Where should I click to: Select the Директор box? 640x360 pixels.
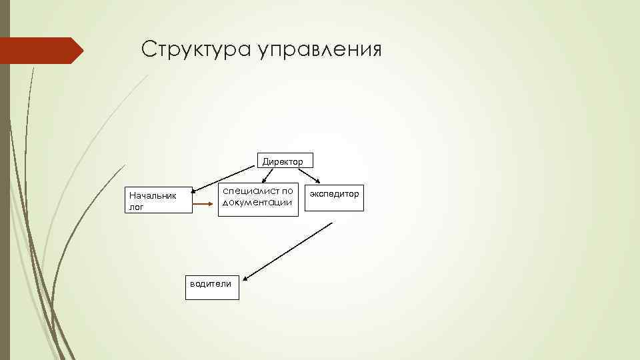tap(282, 161)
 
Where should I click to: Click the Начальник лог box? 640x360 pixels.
tap(159, 199)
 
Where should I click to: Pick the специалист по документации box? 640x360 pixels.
tap(257, 198)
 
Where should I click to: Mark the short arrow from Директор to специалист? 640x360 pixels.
tap(267, 175)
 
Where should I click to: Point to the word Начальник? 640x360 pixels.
tap(152, 196)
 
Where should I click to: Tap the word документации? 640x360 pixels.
tap(257, 203)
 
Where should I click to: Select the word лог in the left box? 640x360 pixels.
tap(136, 207)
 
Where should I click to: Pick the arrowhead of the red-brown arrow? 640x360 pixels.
tap(214, 201)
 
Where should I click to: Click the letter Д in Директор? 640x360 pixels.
tap(265, 161)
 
